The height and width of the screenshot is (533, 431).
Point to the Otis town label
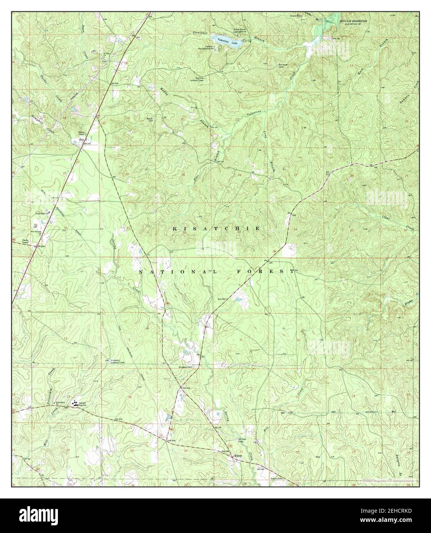point(81,140)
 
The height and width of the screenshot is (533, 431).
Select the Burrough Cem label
point(272,66)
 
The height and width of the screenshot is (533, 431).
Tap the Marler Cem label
point(150,119)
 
